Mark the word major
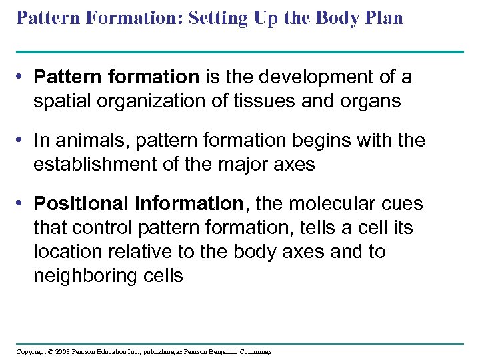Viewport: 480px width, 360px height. click(248, 164)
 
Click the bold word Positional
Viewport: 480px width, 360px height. click(77, 203)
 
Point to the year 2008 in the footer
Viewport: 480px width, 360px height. click(63, 351)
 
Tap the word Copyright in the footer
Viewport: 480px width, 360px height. click(31, 351)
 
